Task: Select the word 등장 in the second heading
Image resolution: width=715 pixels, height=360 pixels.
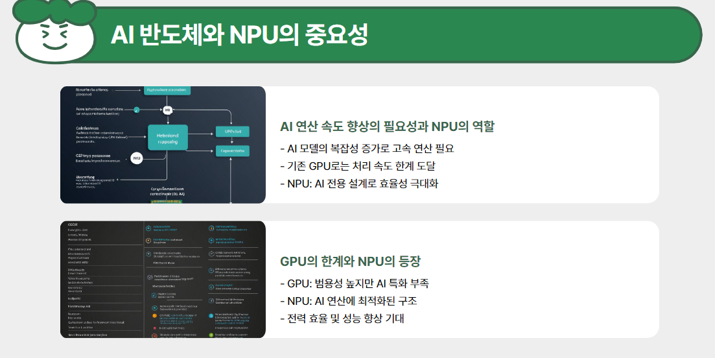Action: pos(407,261)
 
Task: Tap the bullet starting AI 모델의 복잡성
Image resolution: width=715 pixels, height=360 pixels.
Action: pos(366,148)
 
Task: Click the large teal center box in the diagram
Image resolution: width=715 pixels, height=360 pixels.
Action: pos(167,138)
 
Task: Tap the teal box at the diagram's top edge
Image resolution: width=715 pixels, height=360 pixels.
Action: pos(167,90)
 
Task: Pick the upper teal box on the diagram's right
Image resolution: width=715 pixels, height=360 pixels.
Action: pos(231,131)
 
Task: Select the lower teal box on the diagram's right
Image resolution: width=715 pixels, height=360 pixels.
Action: pos(231,151)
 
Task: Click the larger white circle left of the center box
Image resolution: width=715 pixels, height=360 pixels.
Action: pos(137,158)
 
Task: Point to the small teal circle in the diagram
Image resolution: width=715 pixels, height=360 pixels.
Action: pos(137,109)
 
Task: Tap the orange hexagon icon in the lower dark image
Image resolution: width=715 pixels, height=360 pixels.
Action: pos(154,316)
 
